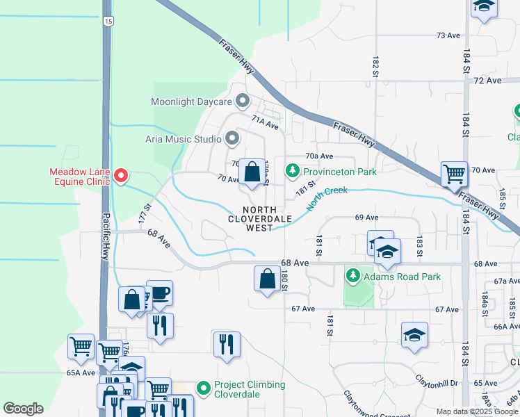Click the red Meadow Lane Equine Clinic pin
(120, 176)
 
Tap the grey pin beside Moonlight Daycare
(243, 102)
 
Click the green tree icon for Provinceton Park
(293, 171)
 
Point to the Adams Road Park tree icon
(354, 277)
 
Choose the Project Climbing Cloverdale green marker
(203, 389)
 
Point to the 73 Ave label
(448, 35)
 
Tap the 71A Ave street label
(265, 123)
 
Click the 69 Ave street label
(366, 218)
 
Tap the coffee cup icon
(159, 293)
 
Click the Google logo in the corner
(23, 409)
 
